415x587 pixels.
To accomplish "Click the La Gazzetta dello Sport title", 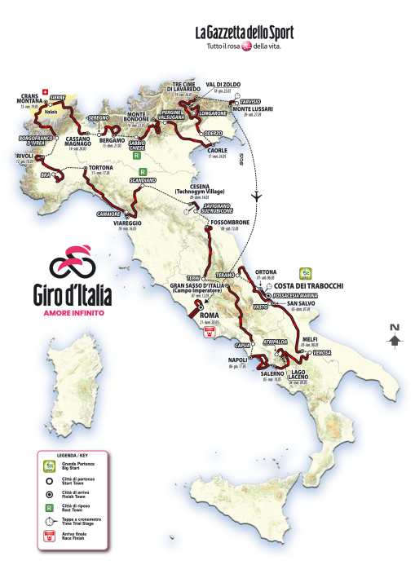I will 243,33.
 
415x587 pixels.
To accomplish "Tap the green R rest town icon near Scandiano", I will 142,172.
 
